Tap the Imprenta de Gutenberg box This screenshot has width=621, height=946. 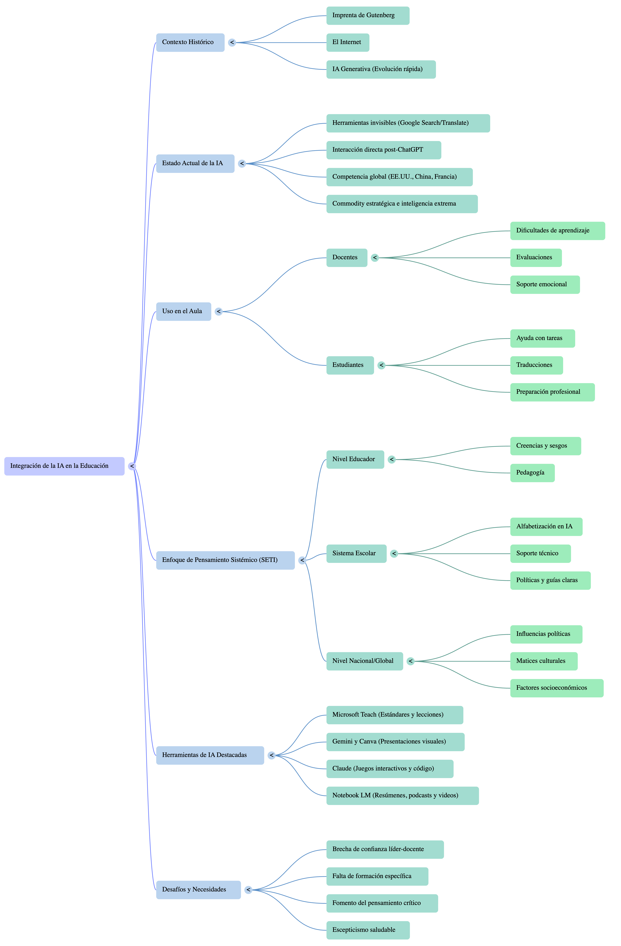368,16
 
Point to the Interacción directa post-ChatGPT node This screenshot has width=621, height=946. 383,150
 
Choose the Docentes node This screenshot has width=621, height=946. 346,258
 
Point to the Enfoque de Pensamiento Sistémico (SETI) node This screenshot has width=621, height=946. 225,560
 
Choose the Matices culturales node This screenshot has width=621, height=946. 544,661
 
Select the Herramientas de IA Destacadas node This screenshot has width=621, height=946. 210,755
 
